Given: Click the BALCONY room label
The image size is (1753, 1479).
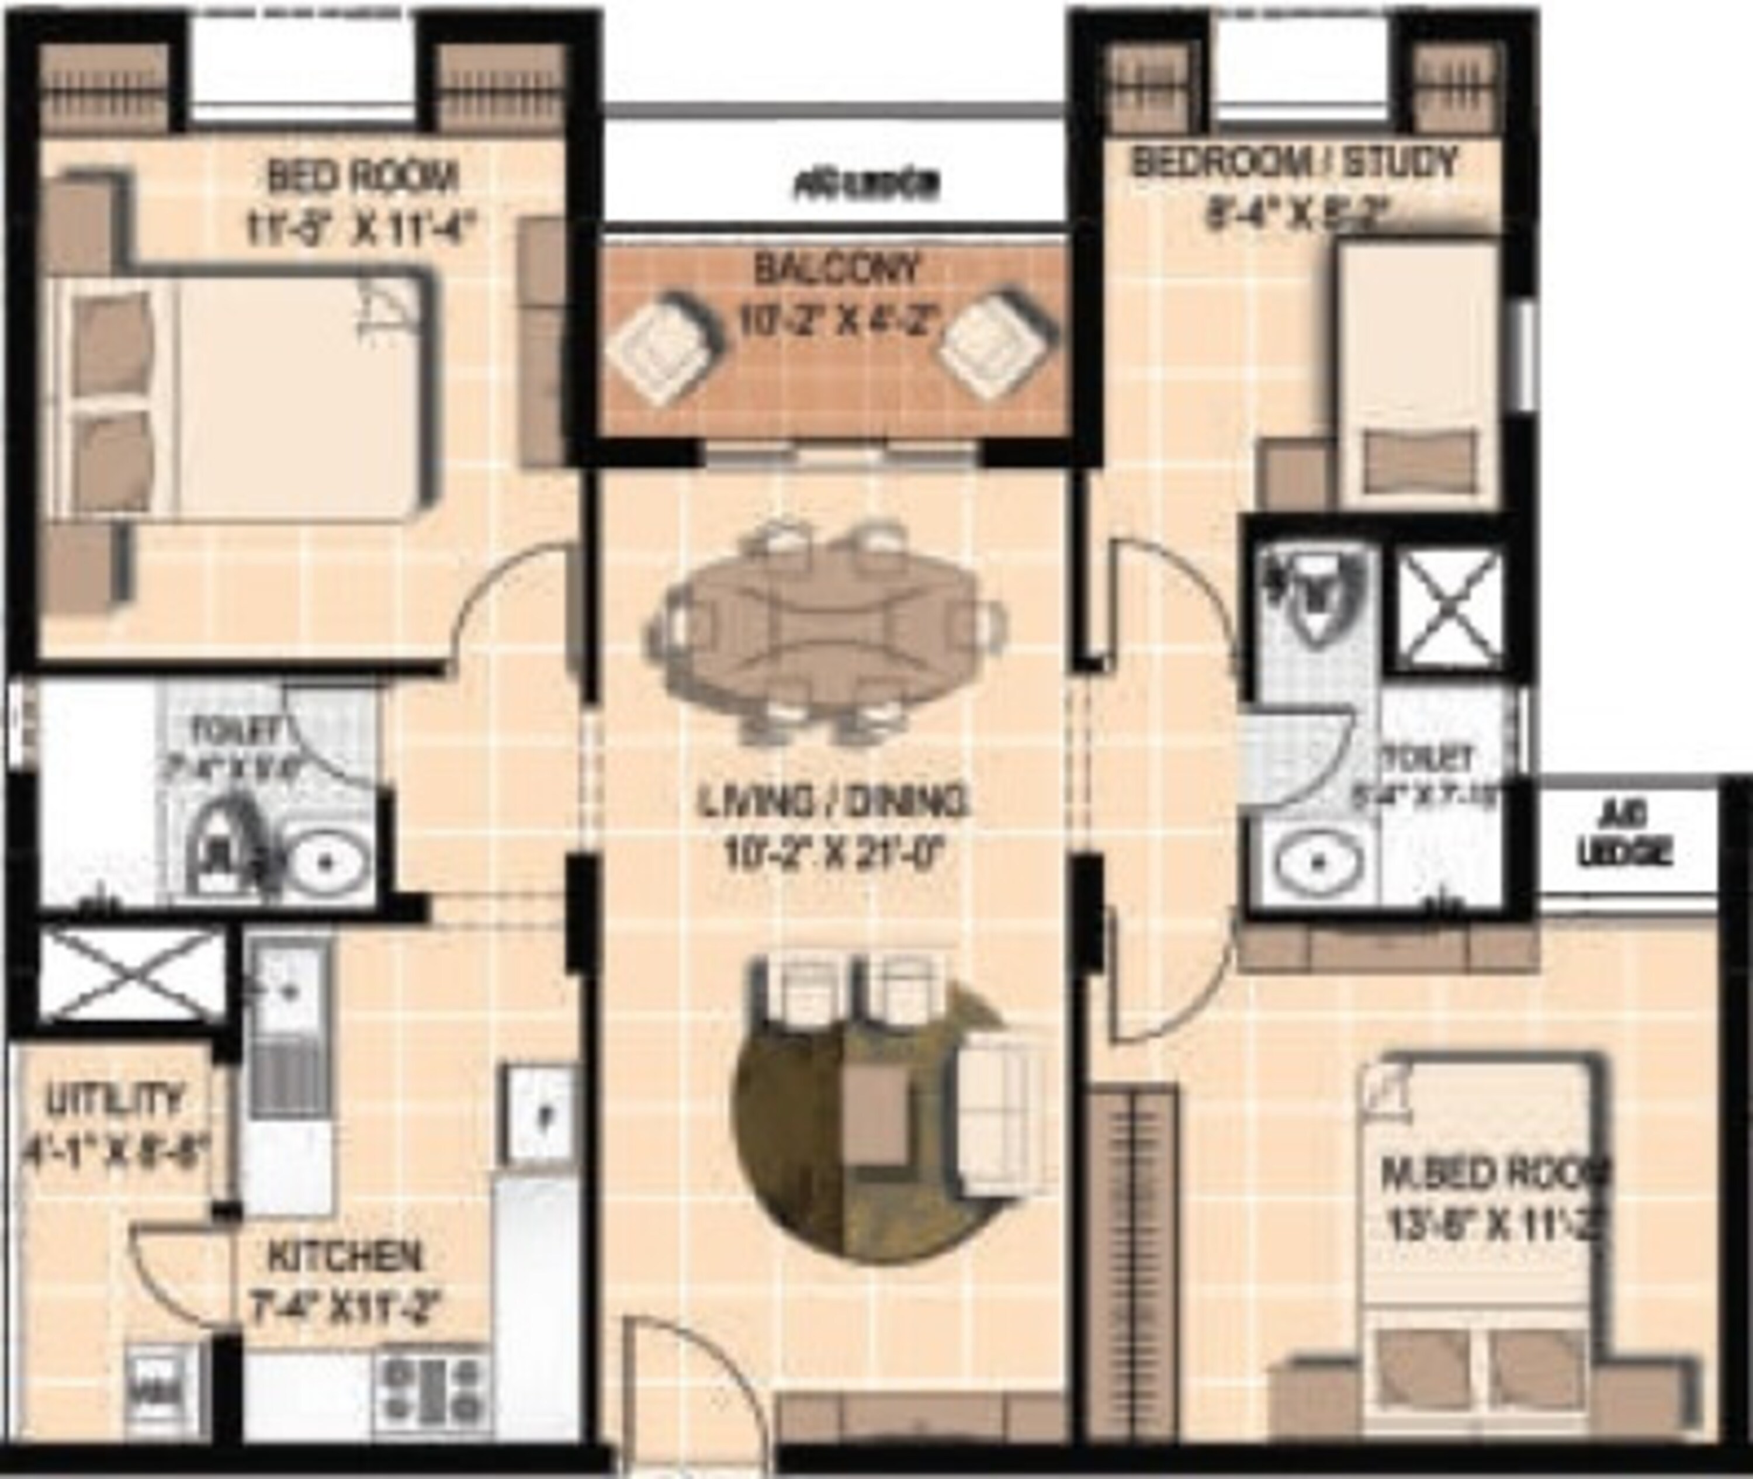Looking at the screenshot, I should click(x=837, y=270).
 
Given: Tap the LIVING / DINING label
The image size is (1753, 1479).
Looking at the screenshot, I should click(x=833, y=802).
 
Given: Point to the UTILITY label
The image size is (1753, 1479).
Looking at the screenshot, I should click(x=114, y=1099).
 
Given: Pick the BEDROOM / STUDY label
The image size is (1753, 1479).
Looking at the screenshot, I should click(x=1295, y=162).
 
